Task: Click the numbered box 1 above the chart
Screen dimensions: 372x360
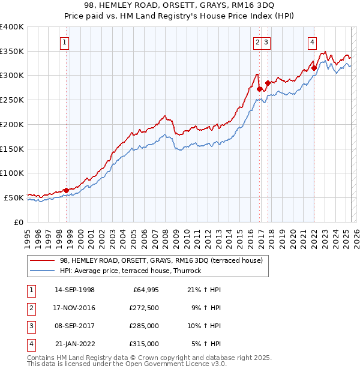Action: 64,42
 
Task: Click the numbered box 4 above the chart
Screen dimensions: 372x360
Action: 313,42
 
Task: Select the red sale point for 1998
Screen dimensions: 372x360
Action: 67,190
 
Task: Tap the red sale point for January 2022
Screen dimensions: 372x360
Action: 314,68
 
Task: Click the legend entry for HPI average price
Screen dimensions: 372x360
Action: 130,271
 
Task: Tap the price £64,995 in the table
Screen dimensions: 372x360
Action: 143,290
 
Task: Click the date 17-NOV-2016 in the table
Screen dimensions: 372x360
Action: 74,308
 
